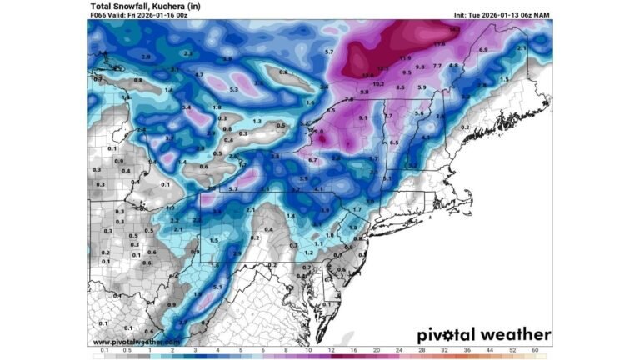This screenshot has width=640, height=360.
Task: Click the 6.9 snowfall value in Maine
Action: [x=484, y=51]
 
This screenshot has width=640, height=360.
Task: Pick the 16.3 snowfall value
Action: [x=454, y=29]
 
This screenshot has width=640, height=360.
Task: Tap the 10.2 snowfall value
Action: [x=377, y=84]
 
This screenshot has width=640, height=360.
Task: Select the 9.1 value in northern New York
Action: [x=362, y=118]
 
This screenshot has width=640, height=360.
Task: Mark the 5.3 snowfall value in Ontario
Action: [x=234, y=89]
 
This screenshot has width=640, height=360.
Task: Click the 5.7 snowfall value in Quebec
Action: [x=329, y=52]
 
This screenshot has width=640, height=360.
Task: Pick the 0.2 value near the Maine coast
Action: [x=465, y=127]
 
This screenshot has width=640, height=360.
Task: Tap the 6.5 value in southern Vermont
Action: [x=394, y=142]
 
